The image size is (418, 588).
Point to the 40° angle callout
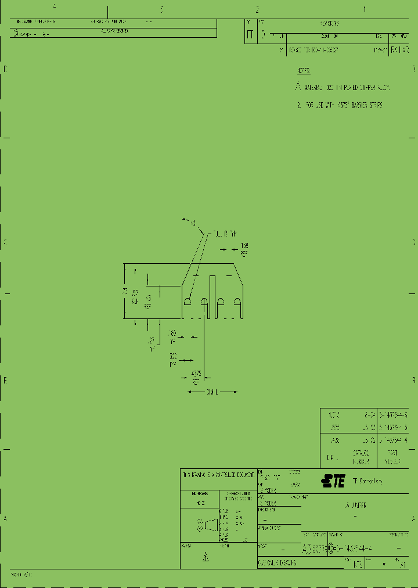click(x=192, y=222)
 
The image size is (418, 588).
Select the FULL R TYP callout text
click(x=225, y=234)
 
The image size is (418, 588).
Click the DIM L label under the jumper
click(x=212, y=393)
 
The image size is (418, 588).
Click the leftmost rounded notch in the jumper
click(x=189, y=302)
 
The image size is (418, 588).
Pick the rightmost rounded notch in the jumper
click(x=237, y=302)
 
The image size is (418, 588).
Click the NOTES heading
click(x=304, y=71)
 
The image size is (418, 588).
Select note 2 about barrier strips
click(x=340, y=106)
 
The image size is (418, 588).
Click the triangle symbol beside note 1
click(x=299, y=87)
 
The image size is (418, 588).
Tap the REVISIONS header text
click(x=329, y=24)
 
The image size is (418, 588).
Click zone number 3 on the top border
click(x=161, y=9)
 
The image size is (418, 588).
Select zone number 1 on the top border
click(x=365, y=9)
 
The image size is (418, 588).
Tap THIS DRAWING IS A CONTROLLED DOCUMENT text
click(x=218, y=475)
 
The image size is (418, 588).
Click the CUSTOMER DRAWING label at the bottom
click(x=278, y=564)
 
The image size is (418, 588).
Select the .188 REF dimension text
click(x=244, y=249)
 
